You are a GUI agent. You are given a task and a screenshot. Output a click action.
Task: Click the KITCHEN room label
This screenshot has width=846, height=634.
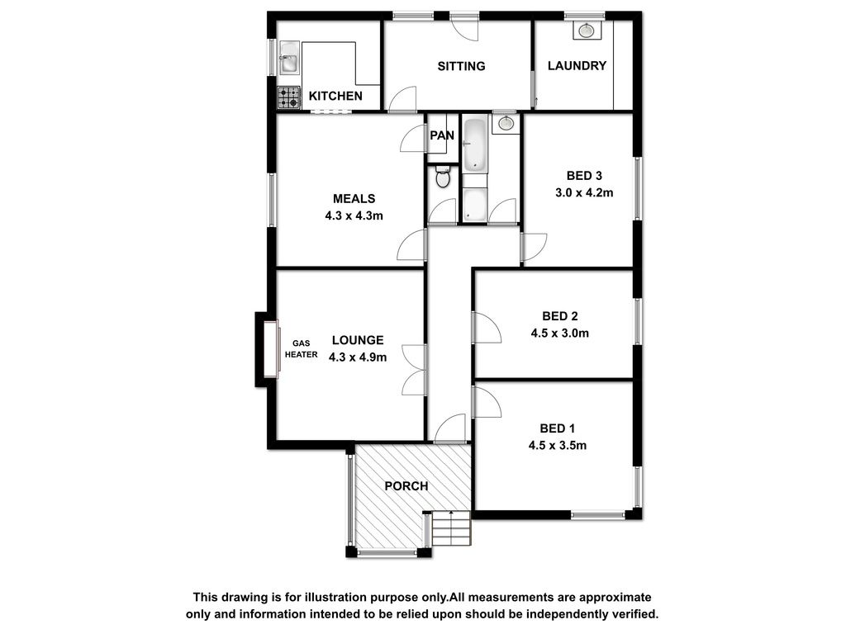pos(335,96)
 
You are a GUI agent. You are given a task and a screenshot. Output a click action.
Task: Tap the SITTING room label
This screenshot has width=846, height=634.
pos(461,66)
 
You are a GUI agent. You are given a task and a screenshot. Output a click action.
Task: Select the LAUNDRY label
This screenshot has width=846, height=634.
pos(577,66)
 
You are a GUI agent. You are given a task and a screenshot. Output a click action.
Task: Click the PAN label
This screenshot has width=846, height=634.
pos(442,135)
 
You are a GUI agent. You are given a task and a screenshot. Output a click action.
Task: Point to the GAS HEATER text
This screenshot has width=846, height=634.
pos(301,349)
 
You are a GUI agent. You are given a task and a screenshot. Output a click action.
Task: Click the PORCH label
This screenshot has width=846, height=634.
pos(406,486)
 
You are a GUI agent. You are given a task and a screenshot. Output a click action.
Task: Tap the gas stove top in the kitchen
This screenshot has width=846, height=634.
pos(288,97)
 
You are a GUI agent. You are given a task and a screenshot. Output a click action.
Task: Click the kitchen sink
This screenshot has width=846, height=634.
pos(289,59)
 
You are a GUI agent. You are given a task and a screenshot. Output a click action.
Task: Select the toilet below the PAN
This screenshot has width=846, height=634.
pos(443,177)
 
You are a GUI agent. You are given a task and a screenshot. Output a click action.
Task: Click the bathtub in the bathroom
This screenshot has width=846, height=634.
pos(475,144)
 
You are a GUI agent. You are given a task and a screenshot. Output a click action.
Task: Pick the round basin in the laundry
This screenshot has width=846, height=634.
pos(587,31)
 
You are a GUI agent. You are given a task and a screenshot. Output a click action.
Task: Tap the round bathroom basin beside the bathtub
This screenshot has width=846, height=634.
pos(506,124)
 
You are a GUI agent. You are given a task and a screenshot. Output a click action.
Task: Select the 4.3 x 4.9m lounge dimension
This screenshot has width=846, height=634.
pos(358,357)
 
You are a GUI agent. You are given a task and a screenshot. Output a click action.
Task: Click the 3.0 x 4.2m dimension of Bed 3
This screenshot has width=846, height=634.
pos(584,193)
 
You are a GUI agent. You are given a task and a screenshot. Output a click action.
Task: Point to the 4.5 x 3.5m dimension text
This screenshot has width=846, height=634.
pos(558,446)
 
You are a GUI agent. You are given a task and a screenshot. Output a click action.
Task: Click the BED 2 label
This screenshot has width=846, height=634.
pos(560,316)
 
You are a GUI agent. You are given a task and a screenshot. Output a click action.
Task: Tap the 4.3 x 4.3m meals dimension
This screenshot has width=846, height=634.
pos(354,216)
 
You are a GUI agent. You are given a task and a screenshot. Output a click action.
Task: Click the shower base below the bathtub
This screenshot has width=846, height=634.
pos(475,205)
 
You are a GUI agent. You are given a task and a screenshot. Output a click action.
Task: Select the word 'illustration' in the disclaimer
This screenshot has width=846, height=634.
pos(335,598)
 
